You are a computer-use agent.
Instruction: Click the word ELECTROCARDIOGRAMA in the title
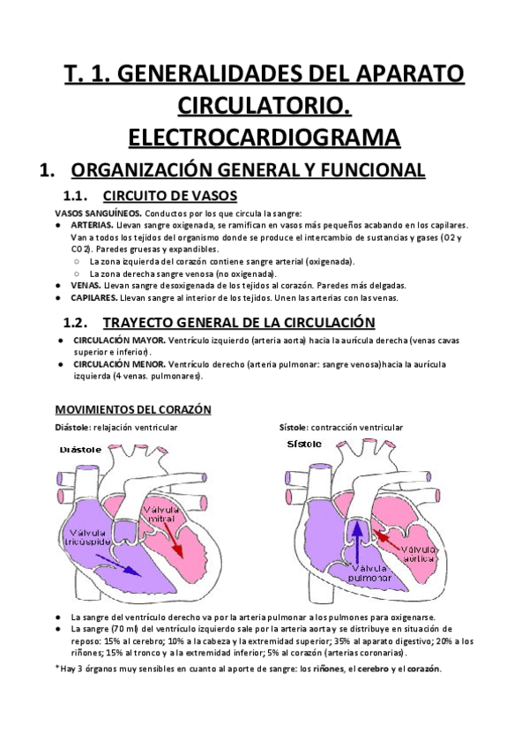[x=264, y=137]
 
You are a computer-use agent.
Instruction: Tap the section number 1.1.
[x=81, y=196]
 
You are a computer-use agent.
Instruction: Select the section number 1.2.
[x=81, y=323]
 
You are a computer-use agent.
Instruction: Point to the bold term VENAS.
[x=86, y=286]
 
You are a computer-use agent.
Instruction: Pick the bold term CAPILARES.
[x=94, y=298]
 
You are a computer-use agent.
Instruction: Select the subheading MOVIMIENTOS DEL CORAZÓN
[x=132, y=411]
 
